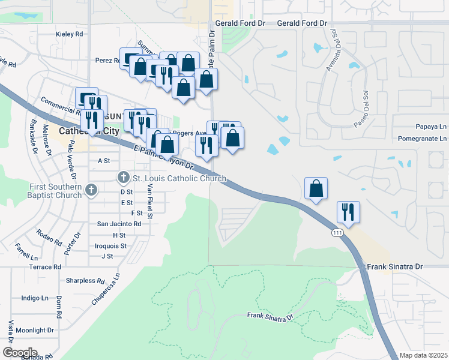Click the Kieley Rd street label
tap(69, 34)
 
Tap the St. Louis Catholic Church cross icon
tap(124, 178)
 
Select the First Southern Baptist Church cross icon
tap(91, 191)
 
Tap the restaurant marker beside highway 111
tap(348, 211)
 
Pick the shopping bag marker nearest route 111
tap(316, 188)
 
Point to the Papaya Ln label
tap(432, 127)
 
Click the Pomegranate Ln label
tap(423, 139)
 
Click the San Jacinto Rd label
tap(119, 224)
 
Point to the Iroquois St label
tap(111, 246)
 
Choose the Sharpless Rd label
tap(81, 280)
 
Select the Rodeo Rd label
tap(49, 238)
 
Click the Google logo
tap(20, 352)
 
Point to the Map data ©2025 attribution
tap(423, 356)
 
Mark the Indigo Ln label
tap(35, 298)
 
